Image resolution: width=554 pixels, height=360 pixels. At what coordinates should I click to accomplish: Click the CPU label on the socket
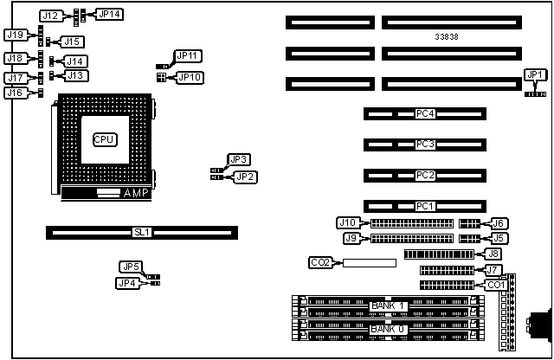point(104,138)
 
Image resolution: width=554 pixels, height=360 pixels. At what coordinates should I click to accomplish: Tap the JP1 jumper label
point(535,74)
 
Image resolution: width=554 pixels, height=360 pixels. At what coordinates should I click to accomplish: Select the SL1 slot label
point(142,232)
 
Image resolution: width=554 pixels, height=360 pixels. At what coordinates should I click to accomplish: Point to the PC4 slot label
point(425,113)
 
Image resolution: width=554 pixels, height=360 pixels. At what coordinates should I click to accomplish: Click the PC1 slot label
point(425,206)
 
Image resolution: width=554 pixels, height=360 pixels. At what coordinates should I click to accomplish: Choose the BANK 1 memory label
point(388,305)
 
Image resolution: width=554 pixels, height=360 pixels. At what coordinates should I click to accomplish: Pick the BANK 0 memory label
point(388,329)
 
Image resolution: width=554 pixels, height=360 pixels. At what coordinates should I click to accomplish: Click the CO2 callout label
point(319,261)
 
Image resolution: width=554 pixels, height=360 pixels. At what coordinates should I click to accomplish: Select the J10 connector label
point(347,222)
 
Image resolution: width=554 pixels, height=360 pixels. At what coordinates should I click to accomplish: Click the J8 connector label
point(493,254)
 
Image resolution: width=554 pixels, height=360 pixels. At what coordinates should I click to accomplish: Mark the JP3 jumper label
point(239,159)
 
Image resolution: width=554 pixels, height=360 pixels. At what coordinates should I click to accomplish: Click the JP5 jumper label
point(131,267)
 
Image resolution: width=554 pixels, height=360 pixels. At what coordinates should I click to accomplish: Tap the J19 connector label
point(14,35)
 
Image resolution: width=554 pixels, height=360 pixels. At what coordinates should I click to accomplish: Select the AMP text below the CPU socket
point(135,193)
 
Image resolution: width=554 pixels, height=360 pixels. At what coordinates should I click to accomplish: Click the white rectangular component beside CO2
point(367,262)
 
